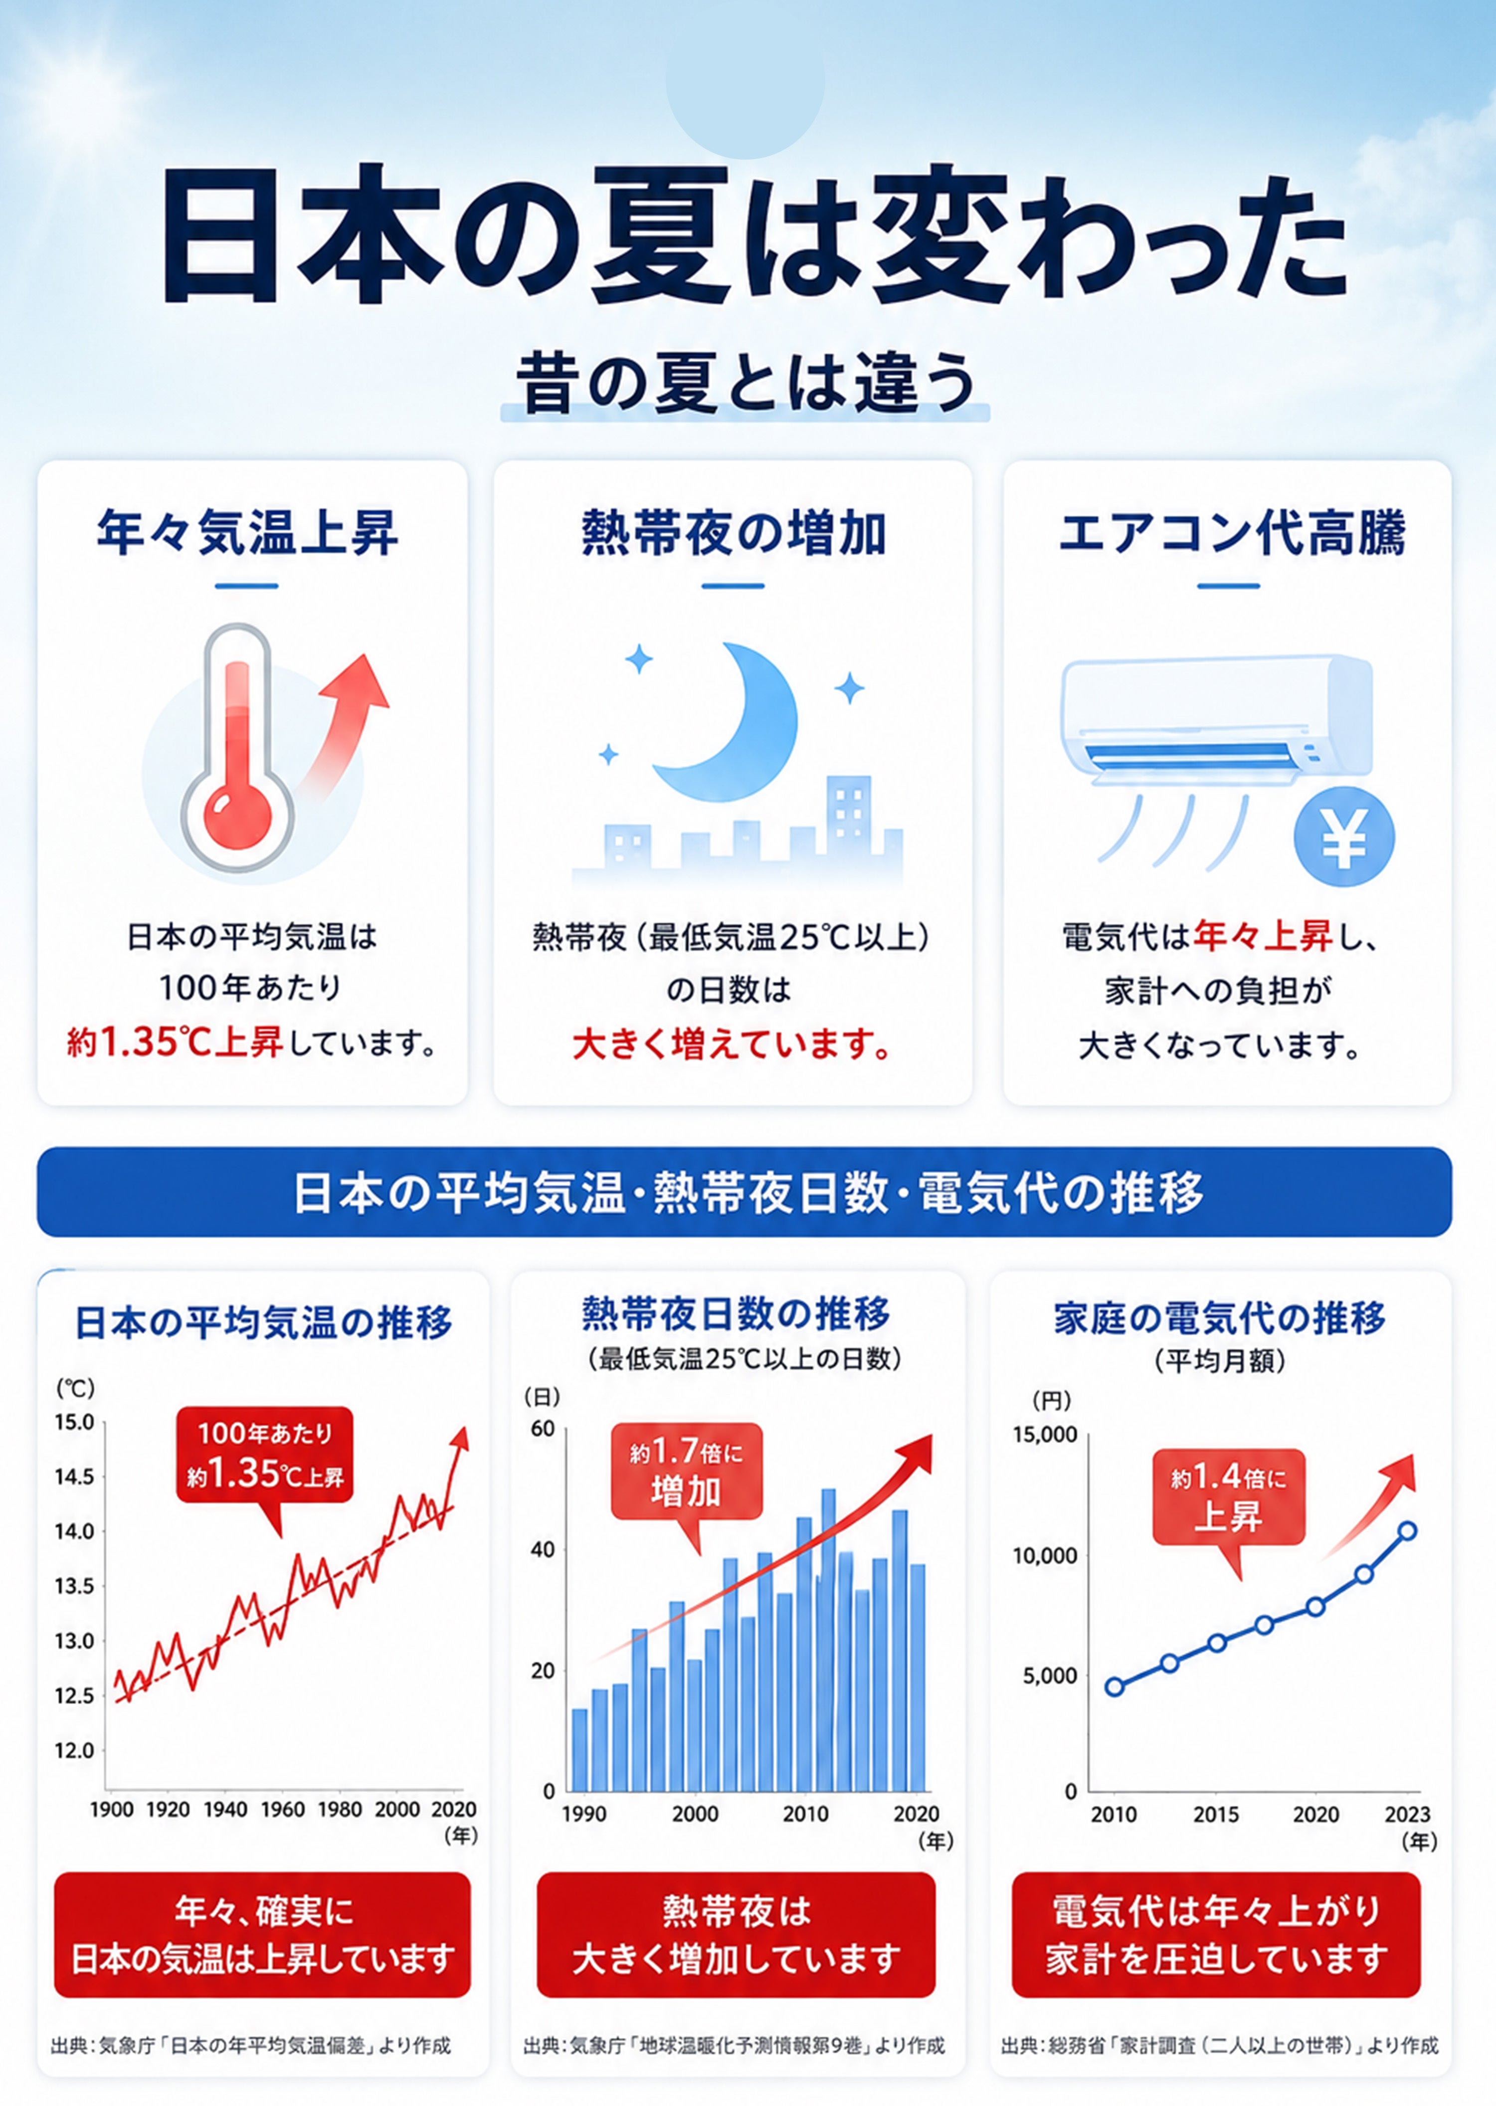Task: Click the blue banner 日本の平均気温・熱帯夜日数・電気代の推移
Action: point(745,1191)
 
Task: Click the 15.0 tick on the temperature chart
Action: point(75,1422)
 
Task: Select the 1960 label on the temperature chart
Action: point(282,1809)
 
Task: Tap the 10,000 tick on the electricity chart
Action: point(1045,1556)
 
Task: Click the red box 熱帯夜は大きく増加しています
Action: point(736,1934)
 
